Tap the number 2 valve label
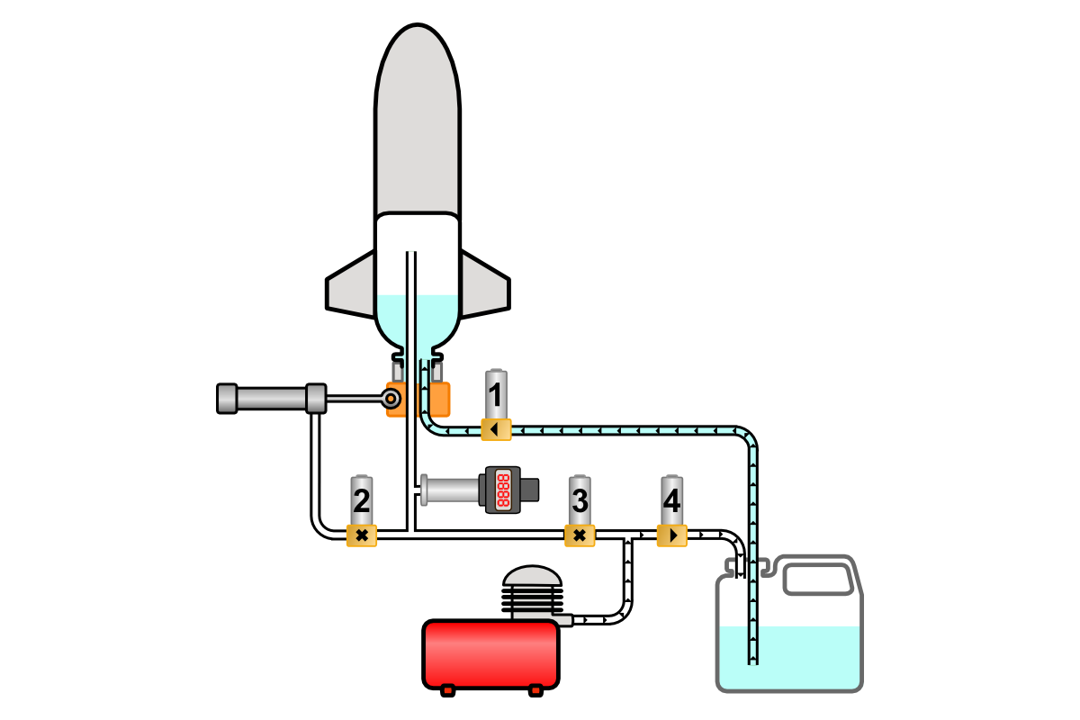pos(361,500)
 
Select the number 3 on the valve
pos(580,500)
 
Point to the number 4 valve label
pos(671,500)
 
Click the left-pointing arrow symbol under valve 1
pos(495,429)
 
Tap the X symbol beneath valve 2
pos(361,536)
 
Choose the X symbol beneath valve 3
pos(580,536)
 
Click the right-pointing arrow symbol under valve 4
pos(672,536)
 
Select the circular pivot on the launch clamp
pos(392,397)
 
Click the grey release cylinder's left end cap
pos(227,398)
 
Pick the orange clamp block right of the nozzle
pos(439,399)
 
